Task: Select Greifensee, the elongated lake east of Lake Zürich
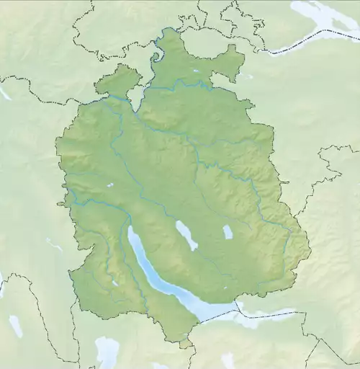(x=186, y=235)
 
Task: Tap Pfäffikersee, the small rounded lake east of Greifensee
(x=228, y=232)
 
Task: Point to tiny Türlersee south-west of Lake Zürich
(x=115, y=283)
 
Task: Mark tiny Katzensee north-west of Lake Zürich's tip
(x=109, y=185)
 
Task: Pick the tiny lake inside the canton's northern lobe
(x=196, y=71)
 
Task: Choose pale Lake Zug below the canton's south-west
(x=107, y=352)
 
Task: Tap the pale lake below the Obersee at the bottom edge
(x=228, y=360)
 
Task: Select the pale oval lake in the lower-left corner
(x=16, y=326)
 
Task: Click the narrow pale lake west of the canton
(x=53, y=244)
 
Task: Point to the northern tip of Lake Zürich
(x=131, y=229)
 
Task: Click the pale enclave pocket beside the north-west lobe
(x=135, y=98)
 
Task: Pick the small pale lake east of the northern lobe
(x=247, y=76)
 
